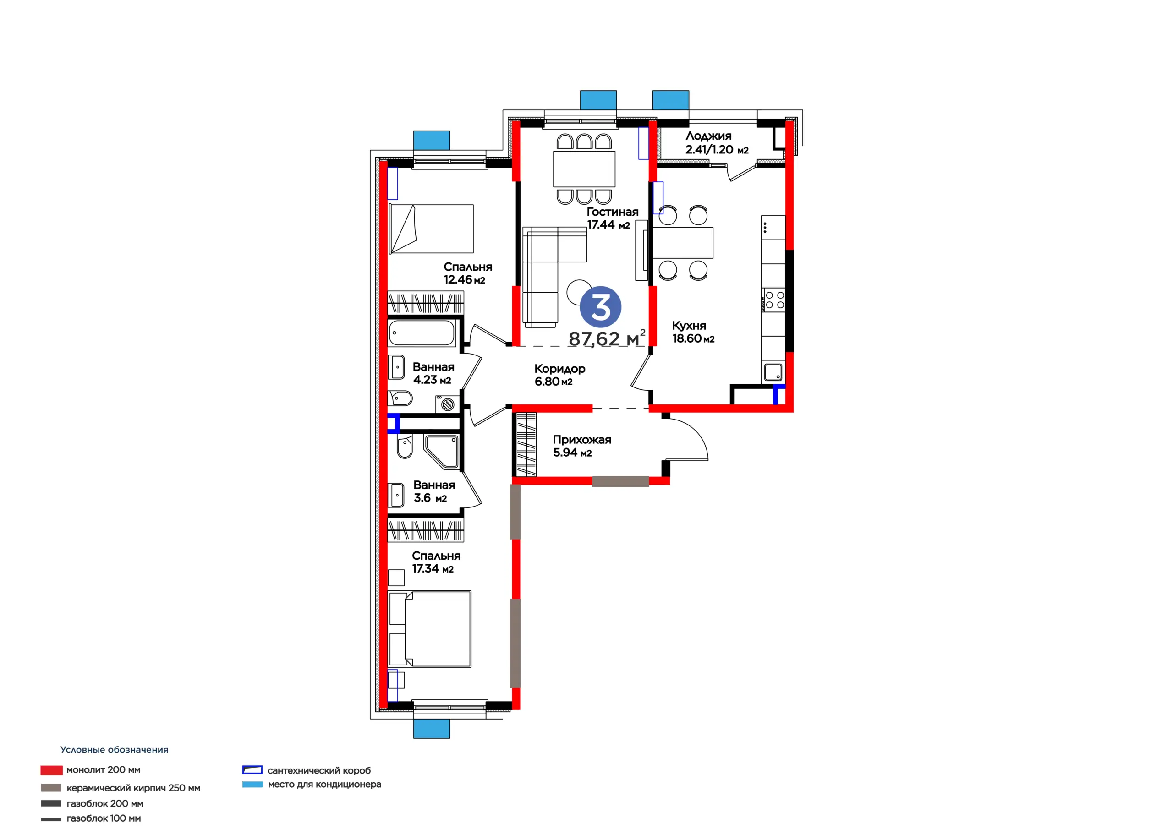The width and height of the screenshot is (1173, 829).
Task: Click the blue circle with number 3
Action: pyautogui.click(x=600, y=307)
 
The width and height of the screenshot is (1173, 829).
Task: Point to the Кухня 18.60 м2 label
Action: pyautogui.click(x=693, y=332)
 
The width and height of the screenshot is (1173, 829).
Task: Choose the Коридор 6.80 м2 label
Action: pyautogui.click(x=560, y=375)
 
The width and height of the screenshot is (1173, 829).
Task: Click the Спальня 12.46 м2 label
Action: pyautogui.click(x=468, y=273)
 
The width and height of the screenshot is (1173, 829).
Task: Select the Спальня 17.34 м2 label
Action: pyautogui.click(x=436, y=562)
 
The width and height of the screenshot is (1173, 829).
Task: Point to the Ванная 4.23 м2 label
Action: pyautogui.click(x=433, y=373)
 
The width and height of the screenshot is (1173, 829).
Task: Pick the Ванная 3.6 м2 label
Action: pyautogui.click(x=434, y=491)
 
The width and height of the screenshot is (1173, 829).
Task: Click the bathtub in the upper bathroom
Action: pyautogui.click(x=422, y=333)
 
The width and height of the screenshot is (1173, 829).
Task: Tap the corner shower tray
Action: pyautogui.click(x=442, y=452)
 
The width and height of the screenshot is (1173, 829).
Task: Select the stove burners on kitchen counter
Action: pyautogui.click(x=773, y=300)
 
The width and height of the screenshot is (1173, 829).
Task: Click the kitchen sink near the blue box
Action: pyautogui.click(x=773, y=372)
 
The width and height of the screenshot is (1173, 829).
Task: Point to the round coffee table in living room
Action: pyautogui.click(x=579, y=292)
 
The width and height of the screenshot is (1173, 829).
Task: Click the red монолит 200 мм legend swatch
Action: pyautogui.click(x=52, y=770)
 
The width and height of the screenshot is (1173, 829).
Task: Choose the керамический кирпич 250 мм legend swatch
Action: pyautogui.click(x=51, y=788)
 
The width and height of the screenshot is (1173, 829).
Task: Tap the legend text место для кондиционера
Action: pyautogui.click(x=324, y=785)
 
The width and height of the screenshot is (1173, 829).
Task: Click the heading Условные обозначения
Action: pyautogui.click(x=115, y=750)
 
